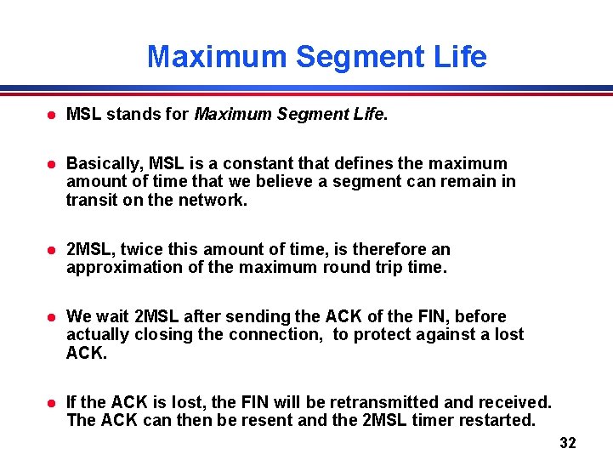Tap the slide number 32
click(x=568, y=443)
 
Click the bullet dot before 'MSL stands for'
click(x=52, y=115)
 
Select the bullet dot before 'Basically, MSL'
click(x=52, y=164)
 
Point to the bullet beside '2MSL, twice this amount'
click(x=52, y=250)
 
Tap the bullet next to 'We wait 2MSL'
click(x=52, y=317)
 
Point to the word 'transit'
click(x=89, y=200)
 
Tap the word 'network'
click(x=212, y=200)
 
